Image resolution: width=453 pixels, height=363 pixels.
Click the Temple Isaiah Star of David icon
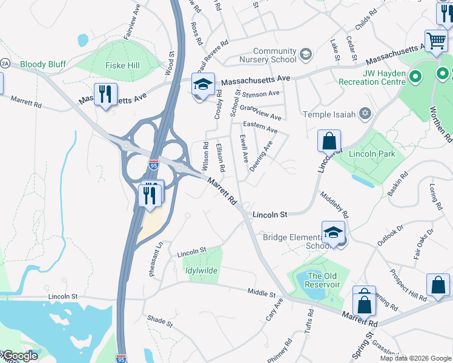[365, 114]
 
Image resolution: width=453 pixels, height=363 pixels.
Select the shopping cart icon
[435, 41]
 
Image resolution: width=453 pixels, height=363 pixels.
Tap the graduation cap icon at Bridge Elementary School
[333, 232]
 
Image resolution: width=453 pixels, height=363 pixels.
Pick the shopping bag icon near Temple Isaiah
[329, 142]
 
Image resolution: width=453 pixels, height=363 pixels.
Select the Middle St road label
[262, 292]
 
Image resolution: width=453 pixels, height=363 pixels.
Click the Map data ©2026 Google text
[415, 358]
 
